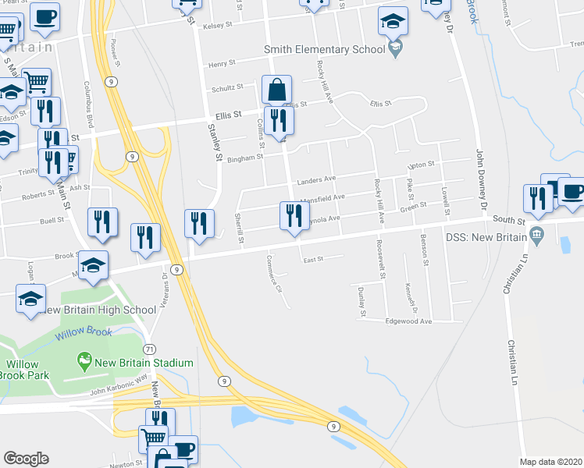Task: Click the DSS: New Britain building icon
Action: coord(536,235)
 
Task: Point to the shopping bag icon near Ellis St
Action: coord(276,90)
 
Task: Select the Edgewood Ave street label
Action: coord(408,321)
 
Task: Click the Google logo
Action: coord(26,459)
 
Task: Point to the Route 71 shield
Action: coord(148,348)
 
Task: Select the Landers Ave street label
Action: coord(316,181)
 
